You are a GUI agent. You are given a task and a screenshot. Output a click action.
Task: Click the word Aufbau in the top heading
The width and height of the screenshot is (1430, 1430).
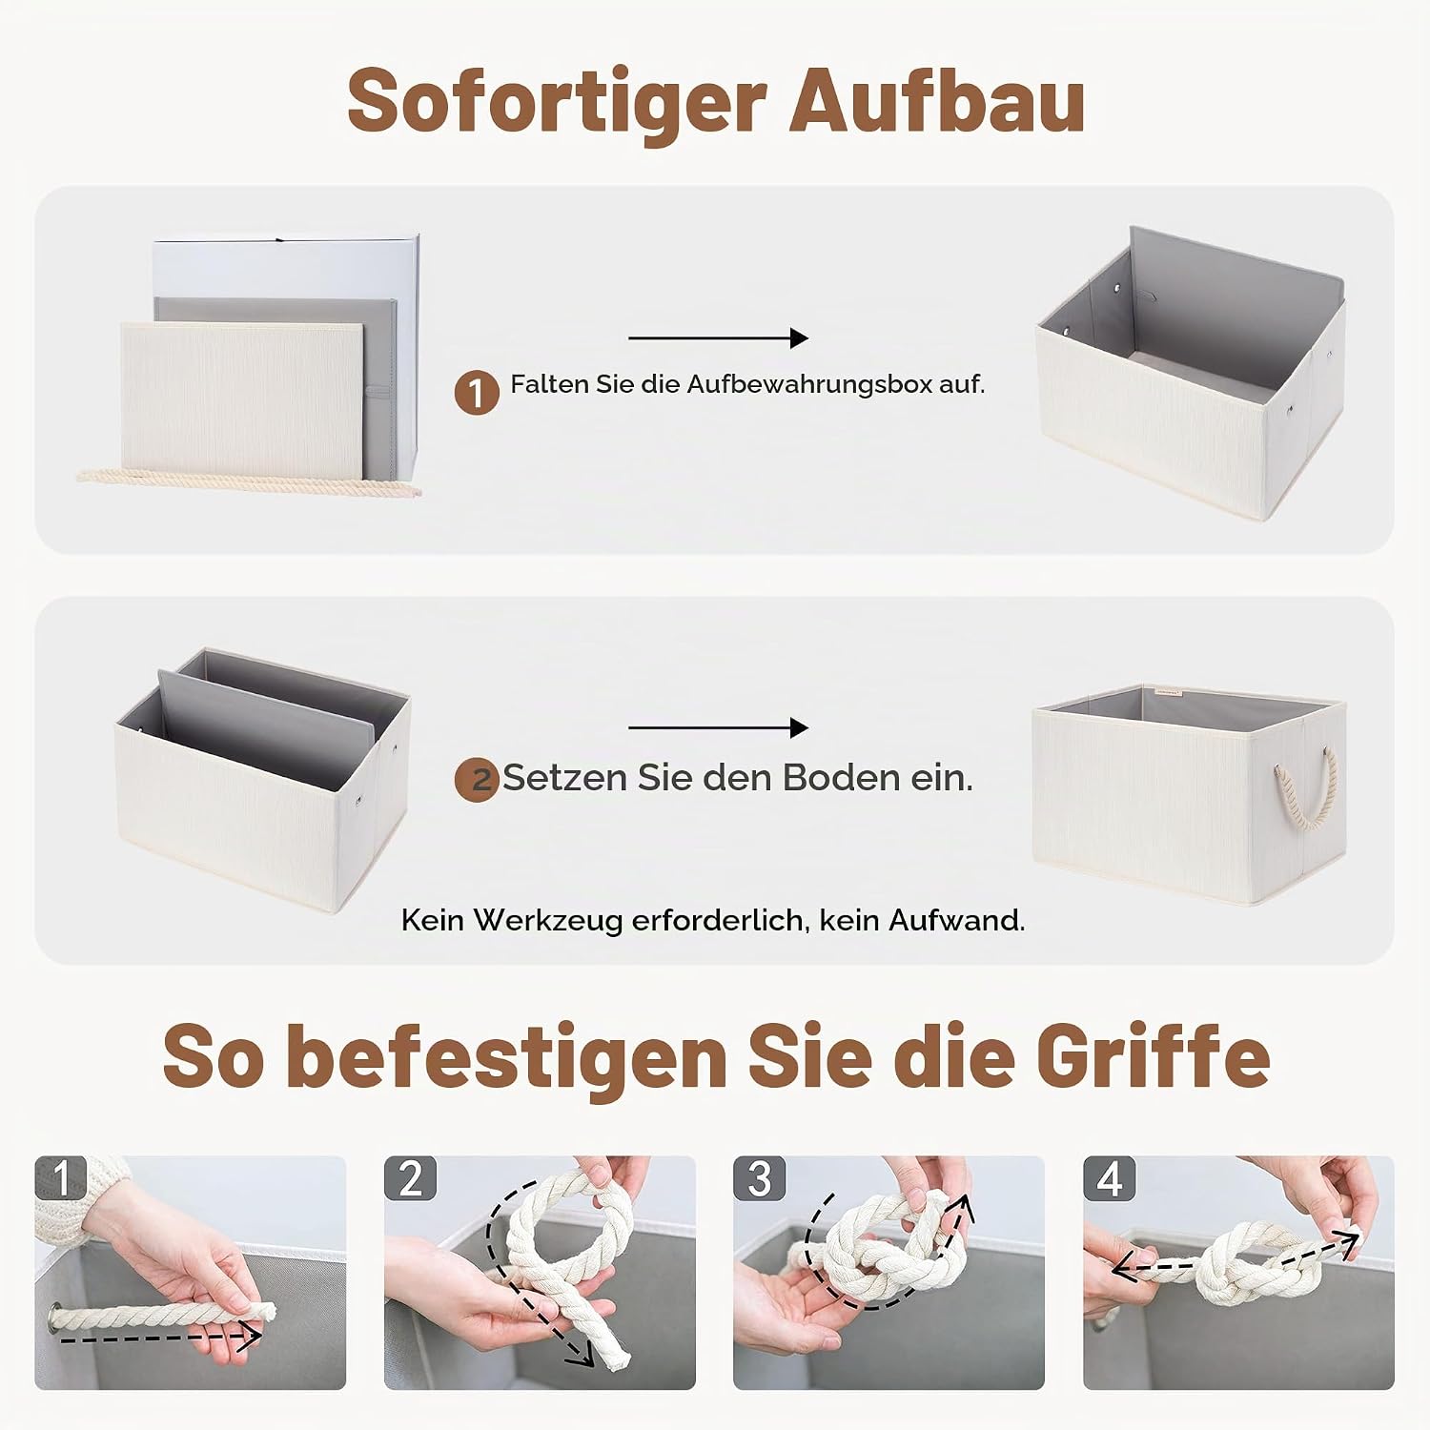(938, 100)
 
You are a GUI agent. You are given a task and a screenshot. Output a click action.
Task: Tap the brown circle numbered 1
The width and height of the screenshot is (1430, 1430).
(477, 392)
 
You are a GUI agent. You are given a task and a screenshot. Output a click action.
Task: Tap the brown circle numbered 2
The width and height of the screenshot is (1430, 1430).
(477, 779)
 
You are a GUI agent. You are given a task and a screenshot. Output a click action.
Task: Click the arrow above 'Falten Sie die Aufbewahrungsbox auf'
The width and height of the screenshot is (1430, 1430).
(718, 337)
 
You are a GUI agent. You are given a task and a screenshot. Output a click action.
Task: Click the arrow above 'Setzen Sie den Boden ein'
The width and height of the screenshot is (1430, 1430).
(718, 727)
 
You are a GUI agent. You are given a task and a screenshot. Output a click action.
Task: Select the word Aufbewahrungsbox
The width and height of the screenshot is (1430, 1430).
(809, 384)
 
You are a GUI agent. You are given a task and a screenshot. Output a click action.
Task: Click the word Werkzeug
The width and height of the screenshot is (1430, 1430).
(547, 920)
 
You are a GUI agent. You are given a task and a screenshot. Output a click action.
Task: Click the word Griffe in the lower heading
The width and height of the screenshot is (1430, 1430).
(1153, 1056)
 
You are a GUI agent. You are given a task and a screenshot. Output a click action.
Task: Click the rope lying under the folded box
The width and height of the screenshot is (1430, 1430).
(248, 482)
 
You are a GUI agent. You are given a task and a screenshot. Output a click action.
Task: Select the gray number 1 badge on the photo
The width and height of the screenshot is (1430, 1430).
(61, 1178)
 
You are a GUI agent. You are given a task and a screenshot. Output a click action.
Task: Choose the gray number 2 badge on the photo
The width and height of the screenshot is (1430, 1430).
(411, 1178)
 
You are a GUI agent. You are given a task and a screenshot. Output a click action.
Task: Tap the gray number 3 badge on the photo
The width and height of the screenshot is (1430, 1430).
(760, 1178)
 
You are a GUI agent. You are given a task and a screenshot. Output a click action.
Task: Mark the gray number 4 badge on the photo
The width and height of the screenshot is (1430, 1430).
(1110, 1178)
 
